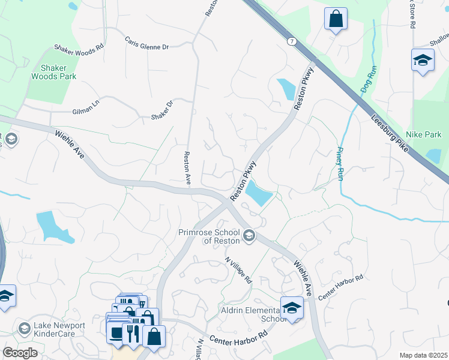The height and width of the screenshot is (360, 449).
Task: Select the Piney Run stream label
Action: pyautogui.click(x=340, y=164)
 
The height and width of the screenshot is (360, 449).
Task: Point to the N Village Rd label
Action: pyautogui.click(x=239, y=271)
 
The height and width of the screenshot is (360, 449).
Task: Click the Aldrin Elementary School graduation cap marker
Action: pyautogui.click(x=292, y=308)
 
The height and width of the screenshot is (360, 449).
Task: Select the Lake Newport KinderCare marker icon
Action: pyautogui.click(x=24, y=329)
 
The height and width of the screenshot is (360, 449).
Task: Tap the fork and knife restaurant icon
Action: pyautogui.click(x=131, y=333)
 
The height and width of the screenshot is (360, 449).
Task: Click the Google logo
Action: pyautogui.click(x=20, y=353)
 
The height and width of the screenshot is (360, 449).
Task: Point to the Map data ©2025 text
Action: pyautogui.click(x=423, y=355)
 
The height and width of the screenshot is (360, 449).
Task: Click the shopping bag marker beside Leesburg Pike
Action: pyautogui.click(x=336, y=18)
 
